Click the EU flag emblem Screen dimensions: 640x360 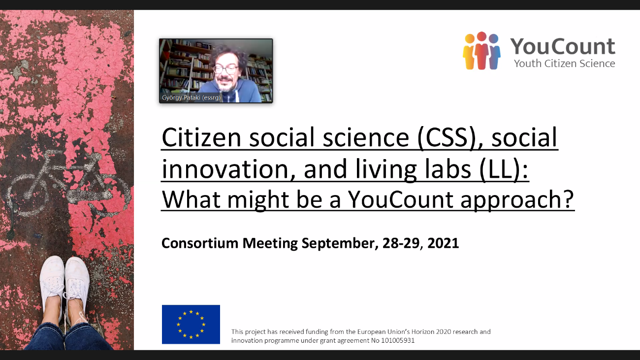[191, 324]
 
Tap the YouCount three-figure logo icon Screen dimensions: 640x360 [481, 51]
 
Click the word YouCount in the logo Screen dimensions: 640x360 [563, 46]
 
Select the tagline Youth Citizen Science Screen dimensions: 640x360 [565, 64]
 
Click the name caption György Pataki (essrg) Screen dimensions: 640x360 [191, 98]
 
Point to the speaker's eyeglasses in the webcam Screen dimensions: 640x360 [225, 69]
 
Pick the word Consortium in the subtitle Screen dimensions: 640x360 [200, 243]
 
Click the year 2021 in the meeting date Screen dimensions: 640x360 [443, 243]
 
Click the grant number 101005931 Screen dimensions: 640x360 [398, 340]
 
